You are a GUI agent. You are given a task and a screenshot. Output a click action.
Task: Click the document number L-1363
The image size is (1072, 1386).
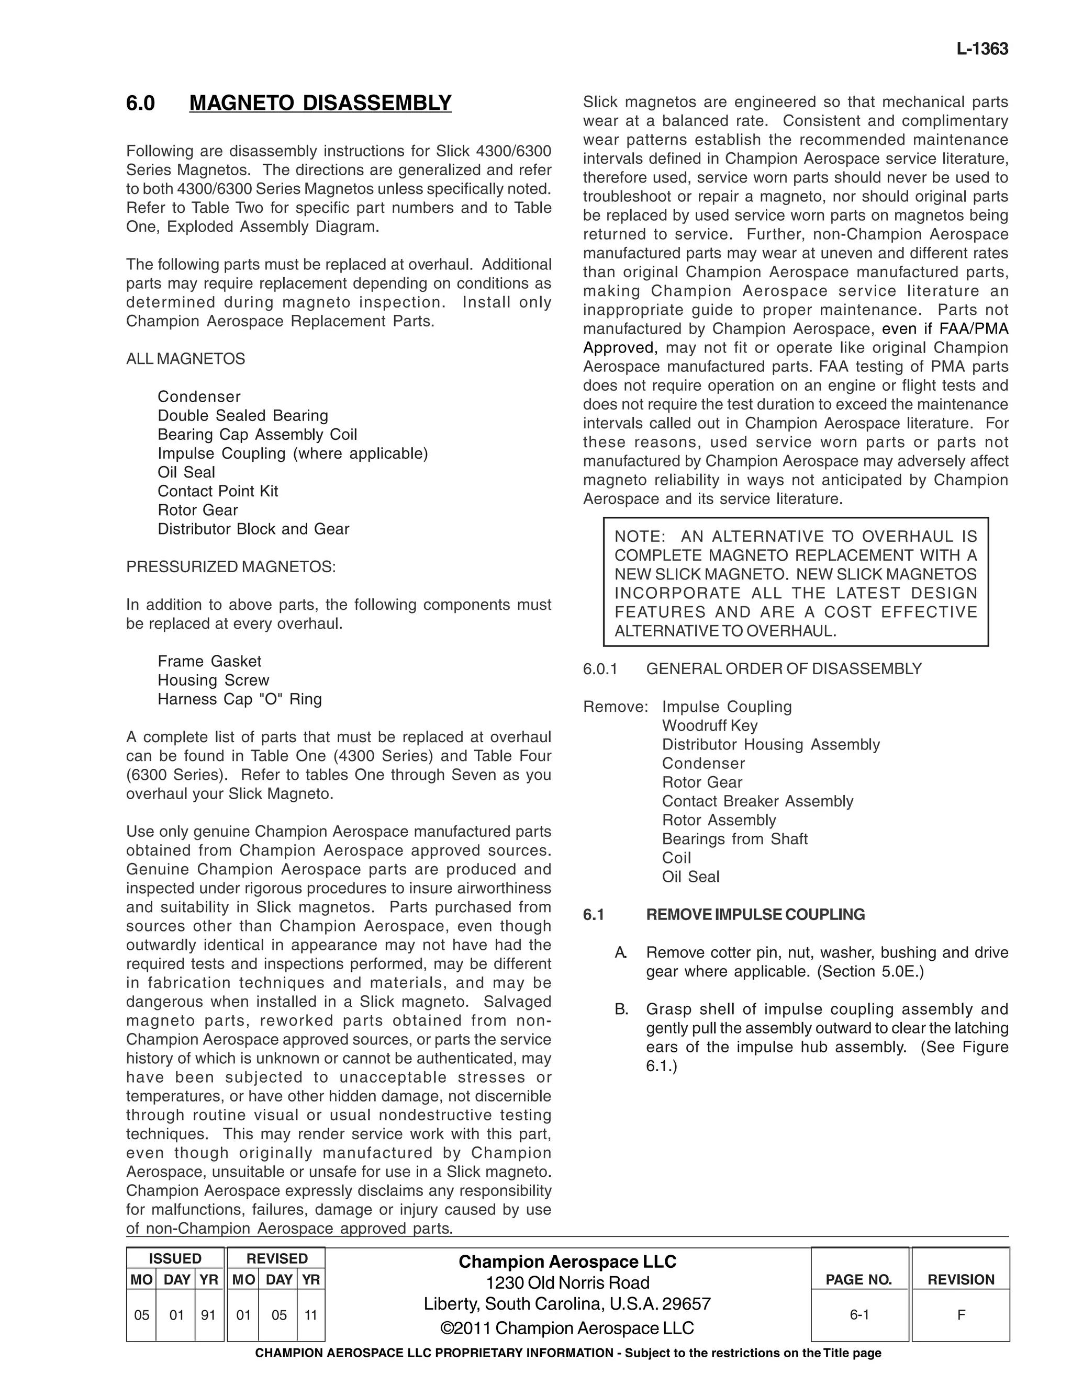tap(982, 50)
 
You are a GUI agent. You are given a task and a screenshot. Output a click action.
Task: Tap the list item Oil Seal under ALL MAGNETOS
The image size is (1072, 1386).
tap(186, 472)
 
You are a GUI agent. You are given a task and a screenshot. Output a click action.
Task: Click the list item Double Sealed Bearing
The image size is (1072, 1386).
tap(242, 416)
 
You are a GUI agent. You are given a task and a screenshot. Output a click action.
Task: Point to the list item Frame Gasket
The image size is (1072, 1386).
tap(209, 661)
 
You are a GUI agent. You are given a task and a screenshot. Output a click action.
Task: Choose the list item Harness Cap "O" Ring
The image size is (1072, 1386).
tap(239, 699)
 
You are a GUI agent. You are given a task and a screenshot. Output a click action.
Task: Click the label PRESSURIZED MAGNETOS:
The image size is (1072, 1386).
tap(230, 567)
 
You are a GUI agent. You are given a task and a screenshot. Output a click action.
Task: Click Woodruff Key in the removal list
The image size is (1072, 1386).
tap(709, 725)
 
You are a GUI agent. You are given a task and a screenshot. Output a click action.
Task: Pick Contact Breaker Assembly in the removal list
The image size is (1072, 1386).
tap(757, 801)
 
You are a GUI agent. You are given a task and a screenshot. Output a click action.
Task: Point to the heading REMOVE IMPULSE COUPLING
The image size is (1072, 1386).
tap(755, 914)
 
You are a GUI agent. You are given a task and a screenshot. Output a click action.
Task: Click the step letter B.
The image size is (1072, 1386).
tap(621, 1009)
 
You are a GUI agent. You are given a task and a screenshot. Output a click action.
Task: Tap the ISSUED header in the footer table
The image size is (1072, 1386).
tap(175, 1258)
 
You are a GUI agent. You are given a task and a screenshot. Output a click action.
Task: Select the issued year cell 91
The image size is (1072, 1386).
tap(208, 1315)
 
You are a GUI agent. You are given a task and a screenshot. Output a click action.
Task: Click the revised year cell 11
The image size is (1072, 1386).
tap(310, 1315)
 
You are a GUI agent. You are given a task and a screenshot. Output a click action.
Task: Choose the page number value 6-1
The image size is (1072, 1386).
tap(858, 1315)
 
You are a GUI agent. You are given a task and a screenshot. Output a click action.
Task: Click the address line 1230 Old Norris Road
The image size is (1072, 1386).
tap(567, 1282)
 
